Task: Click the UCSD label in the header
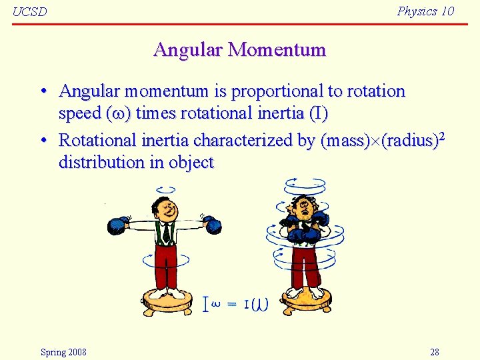coord(30,12)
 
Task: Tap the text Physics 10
coord(425,11)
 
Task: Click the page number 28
coord(435,352)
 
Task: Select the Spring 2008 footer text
coord(63,352)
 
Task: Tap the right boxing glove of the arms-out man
coord(212,225)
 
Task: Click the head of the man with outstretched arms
coord(163,208)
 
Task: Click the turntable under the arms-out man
coord(167,302)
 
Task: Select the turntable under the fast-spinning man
coord(307,302)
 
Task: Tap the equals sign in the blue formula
coord(231,305)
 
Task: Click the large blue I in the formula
coord(206,305)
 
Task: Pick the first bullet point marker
coord(42,91)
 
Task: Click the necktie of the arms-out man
coord(165,233)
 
